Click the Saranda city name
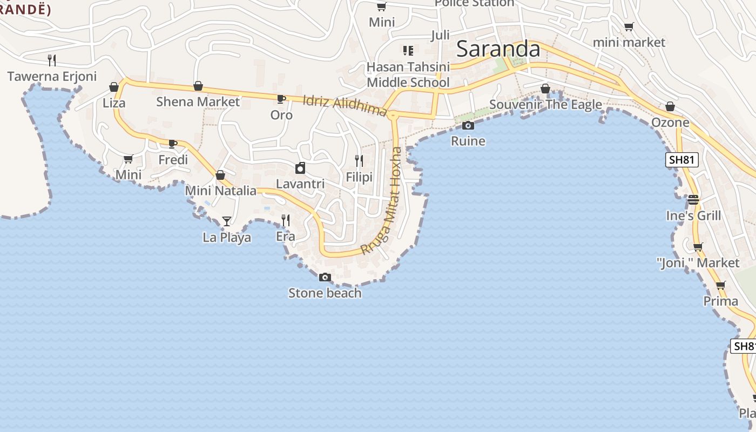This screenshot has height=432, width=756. pyautogui.click(x=498, y=49)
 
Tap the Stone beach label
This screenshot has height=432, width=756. pyautogui.click(x=325, y=293)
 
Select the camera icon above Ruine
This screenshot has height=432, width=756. pyautogui.click(x=468, y=126)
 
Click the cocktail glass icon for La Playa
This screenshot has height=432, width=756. pyautogui.click(x=227, y=221)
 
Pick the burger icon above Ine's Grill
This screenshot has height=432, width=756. pyautogui.click(x=693, y=200)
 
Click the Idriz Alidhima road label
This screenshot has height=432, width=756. pyautogui.click(x=345, y=105)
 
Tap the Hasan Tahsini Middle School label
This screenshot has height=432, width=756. pyautogui.click(x=408, y=75)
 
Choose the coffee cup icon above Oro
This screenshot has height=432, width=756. pyautogui.click(x=281, y=99)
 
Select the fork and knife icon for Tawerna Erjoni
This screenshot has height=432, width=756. pyautogui.click(x=52, y=60)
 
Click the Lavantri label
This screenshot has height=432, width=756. pyautogui.click(x=300, y=184)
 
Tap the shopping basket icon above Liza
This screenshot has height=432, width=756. pyautogui.click(x=114, y=87)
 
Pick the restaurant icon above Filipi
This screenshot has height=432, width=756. pyautogui.click(x=359, y=161)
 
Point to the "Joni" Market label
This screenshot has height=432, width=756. pyautogui.click(x=698, y=263)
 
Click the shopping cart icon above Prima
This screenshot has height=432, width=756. pyautogui.click(x=720, y=286)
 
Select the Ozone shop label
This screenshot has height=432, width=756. pyautogui.click(x=670, y=123)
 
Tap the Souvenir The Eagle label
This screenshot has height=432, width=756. pyautogui.click(x=545, y=105)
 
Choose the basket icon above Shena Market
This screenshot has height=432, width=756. pyautogui.click(x=198, y=86)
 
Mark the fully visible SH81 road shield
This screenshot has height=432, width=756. pyautogui.click(x=682, y=160)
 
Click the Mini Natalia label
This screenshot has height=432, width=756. pyautogui.click(x=220, y=191)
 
